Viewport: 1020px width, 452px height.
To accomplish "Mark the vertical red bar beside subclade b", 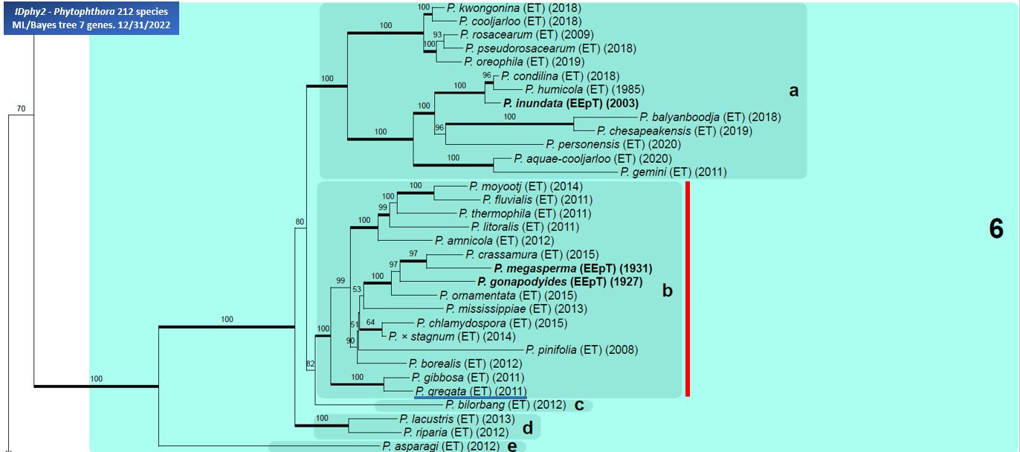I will pyautogui.click(x=688, y=288).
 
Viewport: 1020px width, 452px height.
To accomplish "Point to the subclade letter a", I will pyautogui.click(x=793, y=91).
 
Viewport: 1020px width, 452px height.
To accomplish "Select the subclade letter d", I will pyautogui.click(x=527, y=427).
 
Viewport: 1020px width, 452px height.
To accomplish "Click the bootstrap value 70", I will pyautogui.click(x=21, y=109).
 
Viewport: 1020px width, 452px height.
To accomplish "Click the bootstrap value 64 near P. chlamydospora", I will pyautogui.click(x=370, y=323).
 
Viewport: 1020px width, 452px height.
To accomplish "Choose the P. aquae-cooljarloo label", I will pyautogui.click(x=593, y=158).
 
